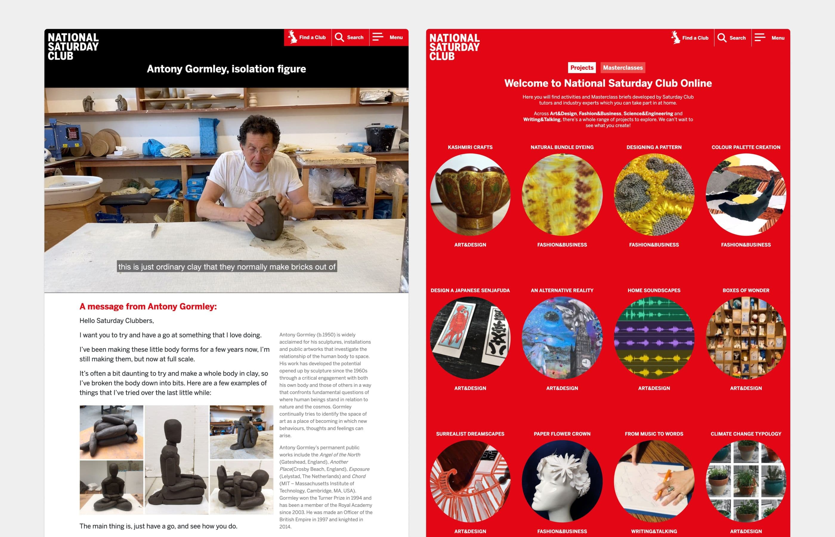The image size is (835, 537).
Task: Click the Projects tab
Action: [582, 68]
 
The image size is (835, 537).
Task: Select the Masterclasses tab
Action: [623, 68]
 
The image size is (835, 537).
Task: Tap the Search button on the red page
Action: [732, 38]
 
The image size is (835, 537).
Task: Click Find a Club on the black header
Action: [307, 37]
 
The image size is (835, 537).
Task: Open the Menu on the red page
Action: [770, 38]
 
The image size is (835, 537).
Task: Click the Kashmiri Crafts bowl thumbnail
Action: [470, 195]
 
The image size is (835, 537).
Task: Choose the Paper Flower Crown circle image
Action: [562, 481]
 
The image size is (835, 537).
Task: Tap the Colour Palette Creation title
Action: [746, 147]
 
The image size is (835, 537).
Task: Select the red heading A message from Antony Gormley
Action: [148, 306]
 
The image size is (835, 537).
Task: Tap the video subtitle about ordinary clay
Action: [227, 267]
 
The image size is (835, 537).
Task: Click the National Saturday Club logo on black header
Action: [73, 46]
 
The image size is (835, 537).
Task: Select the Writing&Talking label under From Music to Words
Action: [654, 531]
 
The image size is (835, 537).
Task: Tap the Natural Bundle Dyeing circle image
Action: [562, 195]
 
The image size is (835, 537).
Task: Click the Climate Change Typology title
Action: [746, 434]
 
